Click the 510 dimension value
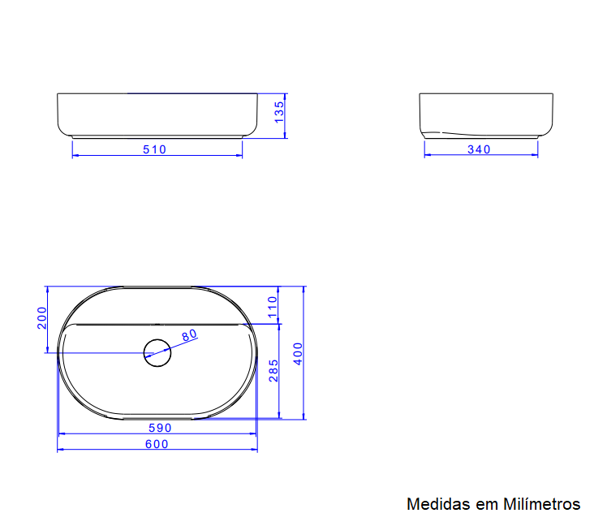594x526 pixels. click(154, 149)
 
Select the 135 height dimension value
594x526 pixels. click(279, 112)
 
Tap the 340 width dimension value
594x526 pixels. click(480, 149)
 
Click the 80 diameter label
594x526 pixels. click(189, 335)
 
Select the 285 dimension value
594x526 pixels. click(273, 370)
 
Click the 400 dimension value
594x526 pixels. click(298, 354)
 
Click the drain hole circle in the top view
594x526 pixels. click(157, 351)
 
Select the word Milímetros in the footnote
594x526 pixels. click(542, 504)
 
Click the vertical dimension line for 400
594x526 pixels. click(305, 390)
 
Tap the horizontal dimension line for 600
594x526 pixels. click(97, 450)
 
